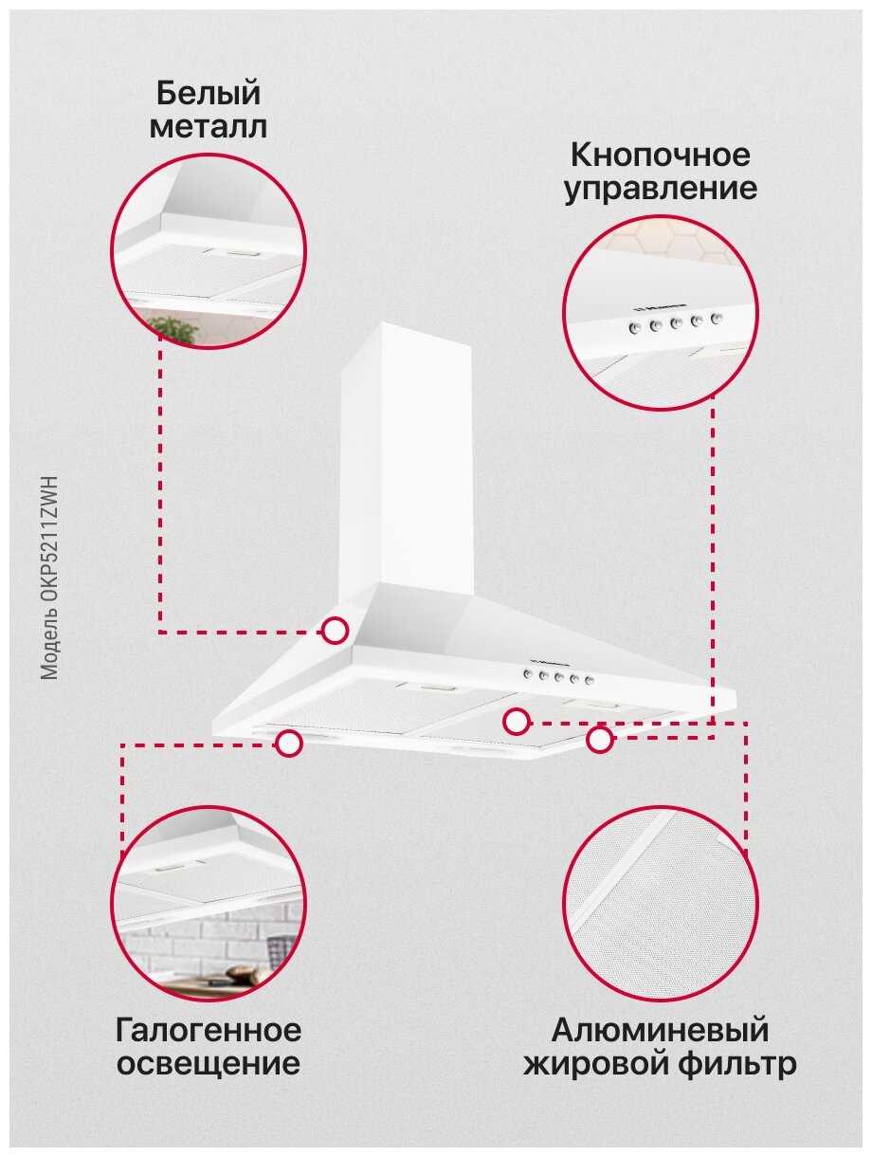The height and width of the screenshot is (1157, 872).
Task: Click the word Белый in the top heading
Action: [208, 93]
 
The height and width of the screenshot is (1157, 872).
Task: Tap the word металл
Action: [208, 127]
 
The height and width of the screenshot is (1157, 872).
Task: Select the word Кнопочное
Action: [660, 156]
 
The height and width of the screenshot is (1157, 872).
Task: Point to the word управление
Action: [661, 190]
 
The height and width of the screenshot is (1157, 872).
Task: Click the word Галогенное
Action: [209, 1030]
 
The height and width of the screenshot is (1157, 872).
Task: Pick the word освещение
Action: [209, 1064]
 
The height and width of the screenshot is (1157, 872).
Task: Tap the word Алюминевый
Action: [660, 1030]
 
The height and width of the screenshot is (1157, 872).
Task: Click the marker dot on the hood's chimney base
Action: [335, 631]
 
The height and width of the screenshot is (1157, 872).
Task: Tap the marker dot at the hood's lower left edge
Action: [289, 744]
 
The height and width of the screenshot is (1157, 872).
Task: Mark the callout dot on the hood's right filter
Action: [516, 721]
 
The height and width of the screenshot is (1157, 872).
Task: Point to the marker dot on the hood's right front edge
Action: [599, 739]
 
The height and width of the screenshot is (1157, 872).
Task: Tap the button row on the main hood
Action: [559, 677]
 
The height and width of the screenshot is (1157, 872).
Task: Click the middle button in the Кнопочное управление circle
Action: [675, 323]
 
